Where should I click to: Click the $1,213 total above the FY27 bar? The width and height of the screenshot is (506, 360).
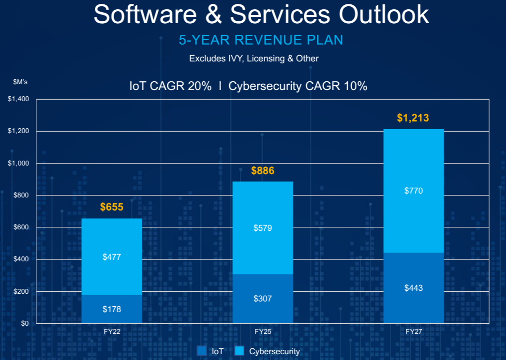point(413,118)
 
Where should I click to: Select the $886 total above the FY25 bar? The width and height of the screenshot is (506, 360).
point(263,171)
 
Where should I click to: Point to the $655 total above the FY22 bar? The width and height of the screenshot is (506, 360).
point(112,208)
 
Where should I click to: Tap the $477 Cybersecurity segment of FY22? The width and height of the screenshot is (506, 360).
point(112,257)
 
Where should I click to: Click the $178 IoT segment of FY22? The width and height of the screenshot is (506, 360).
point(112,309)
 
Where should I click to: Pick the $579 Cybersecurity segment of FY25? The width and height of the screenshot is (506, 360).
point(263,228)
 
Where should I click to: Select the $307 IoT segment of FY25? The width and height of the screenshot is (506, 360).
point(263,299)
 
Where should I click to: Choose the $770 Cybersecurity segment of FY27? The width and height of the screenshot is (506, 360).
point(414,191)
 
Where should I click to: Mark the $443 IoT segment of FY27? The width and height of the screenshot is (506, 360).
point(414,288)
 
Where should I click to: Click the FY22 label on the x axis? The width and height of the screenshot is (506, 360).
point(112,332)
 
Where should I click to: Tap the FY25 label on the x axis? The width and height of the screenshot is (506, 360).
point(263,332)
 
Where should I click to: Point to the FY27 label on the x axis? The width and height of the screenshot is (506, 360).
point(414,332)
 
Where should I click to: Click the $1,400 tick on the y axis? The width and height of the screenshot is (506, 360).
point(18,99)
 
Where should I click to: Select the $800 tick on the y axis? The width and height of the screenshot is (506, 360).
point(21,195)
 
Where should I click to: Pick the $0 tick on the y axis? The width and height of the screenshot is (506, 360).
point(25,324)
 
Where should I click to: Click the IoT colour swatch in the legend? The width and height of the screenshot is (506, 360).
point(202,351)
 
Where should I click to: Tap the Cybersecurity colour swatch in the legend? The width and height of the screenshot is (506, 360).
point(239,351)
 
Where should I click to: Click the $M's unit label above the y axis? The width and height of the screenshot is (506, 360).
point(20,82)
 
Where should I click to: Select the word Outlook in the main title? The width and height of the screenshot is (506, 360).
point(384,15)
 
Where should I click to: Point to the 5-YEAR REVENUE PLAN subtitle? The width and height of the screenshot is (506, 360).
point(261,40)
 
